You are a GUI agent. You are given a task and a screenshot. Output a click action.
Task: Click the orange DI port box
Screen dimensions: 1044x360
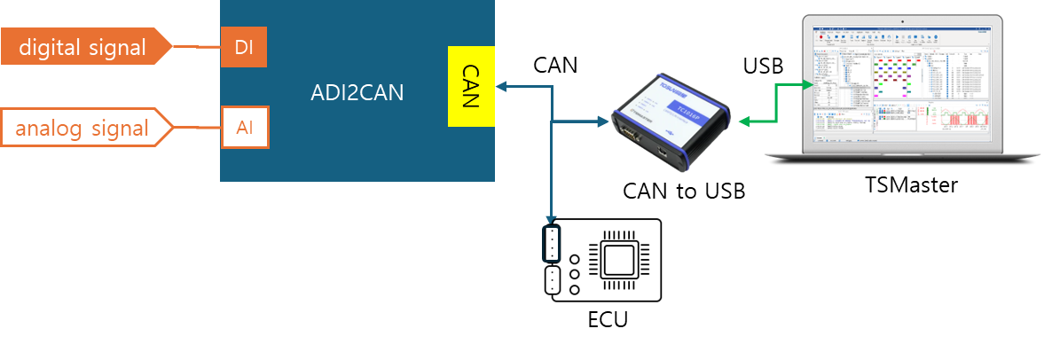click(x=243, y=47)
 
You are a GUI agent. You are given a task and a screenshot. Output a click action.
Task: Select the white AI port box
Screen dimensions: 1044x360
click(x=244, y=128)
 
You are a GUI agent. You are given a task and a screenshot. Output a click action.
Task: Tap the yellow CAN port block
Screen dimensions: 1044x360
click(x=470, y=86)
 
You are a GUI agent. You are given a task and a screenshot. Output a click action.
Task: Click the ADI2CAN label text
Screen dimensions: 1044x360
click(x=357, y=92)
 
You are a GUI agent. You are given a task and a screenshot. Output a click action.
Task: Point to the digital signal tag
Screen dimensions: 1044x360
click(x=84, y=47)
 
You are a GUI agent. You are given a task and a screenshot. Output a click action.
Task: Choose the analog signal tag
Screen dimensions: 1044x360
click(x=84, y=128)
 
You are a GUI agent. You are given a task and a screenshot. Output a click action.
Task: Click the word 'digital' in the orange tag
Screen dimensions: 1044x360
click(x=51, y=47)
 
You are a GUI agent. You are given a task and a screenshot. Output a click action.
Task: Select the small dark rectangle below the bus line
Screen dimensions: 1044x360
click(x=551, y=244)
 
